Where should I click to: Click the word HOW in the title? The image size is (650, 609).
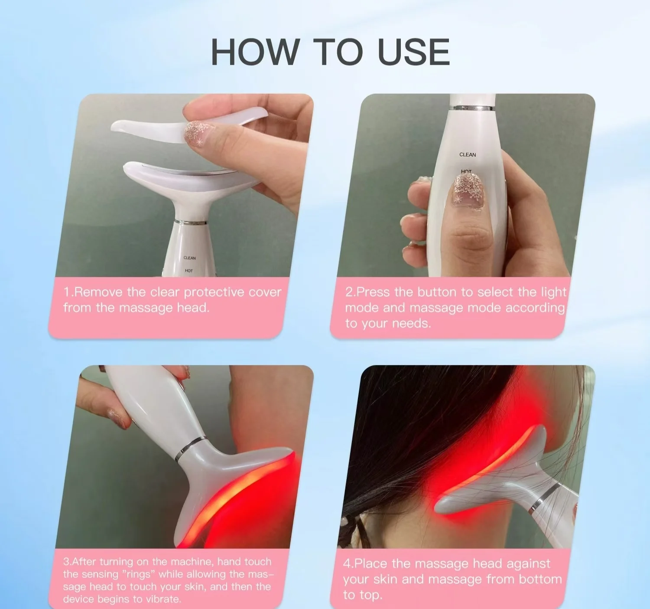tap(255, 52)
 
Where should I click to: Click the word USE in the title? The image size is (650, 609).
tap(414, 52)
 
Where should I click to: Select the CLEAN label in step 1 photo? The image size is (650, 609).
tap(189, 258)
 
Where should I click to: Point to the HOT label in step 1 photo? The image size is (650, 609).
tap(189, 271)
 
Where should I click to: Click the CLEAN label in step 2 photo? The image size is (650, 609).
tap(468, 154)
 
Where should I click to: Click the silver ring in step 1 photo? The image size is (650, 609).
tap(191, 222)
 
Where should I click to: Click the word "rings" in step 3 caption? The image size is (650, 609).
tap(137, 574)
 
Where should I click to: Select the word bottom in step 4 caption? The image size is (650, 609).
tap(540, 579)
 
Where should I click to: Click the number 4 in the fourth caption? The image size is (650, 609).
tap(347, 564)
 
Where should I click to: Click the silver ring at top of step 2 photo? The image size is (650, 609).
tap(473, 108)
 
